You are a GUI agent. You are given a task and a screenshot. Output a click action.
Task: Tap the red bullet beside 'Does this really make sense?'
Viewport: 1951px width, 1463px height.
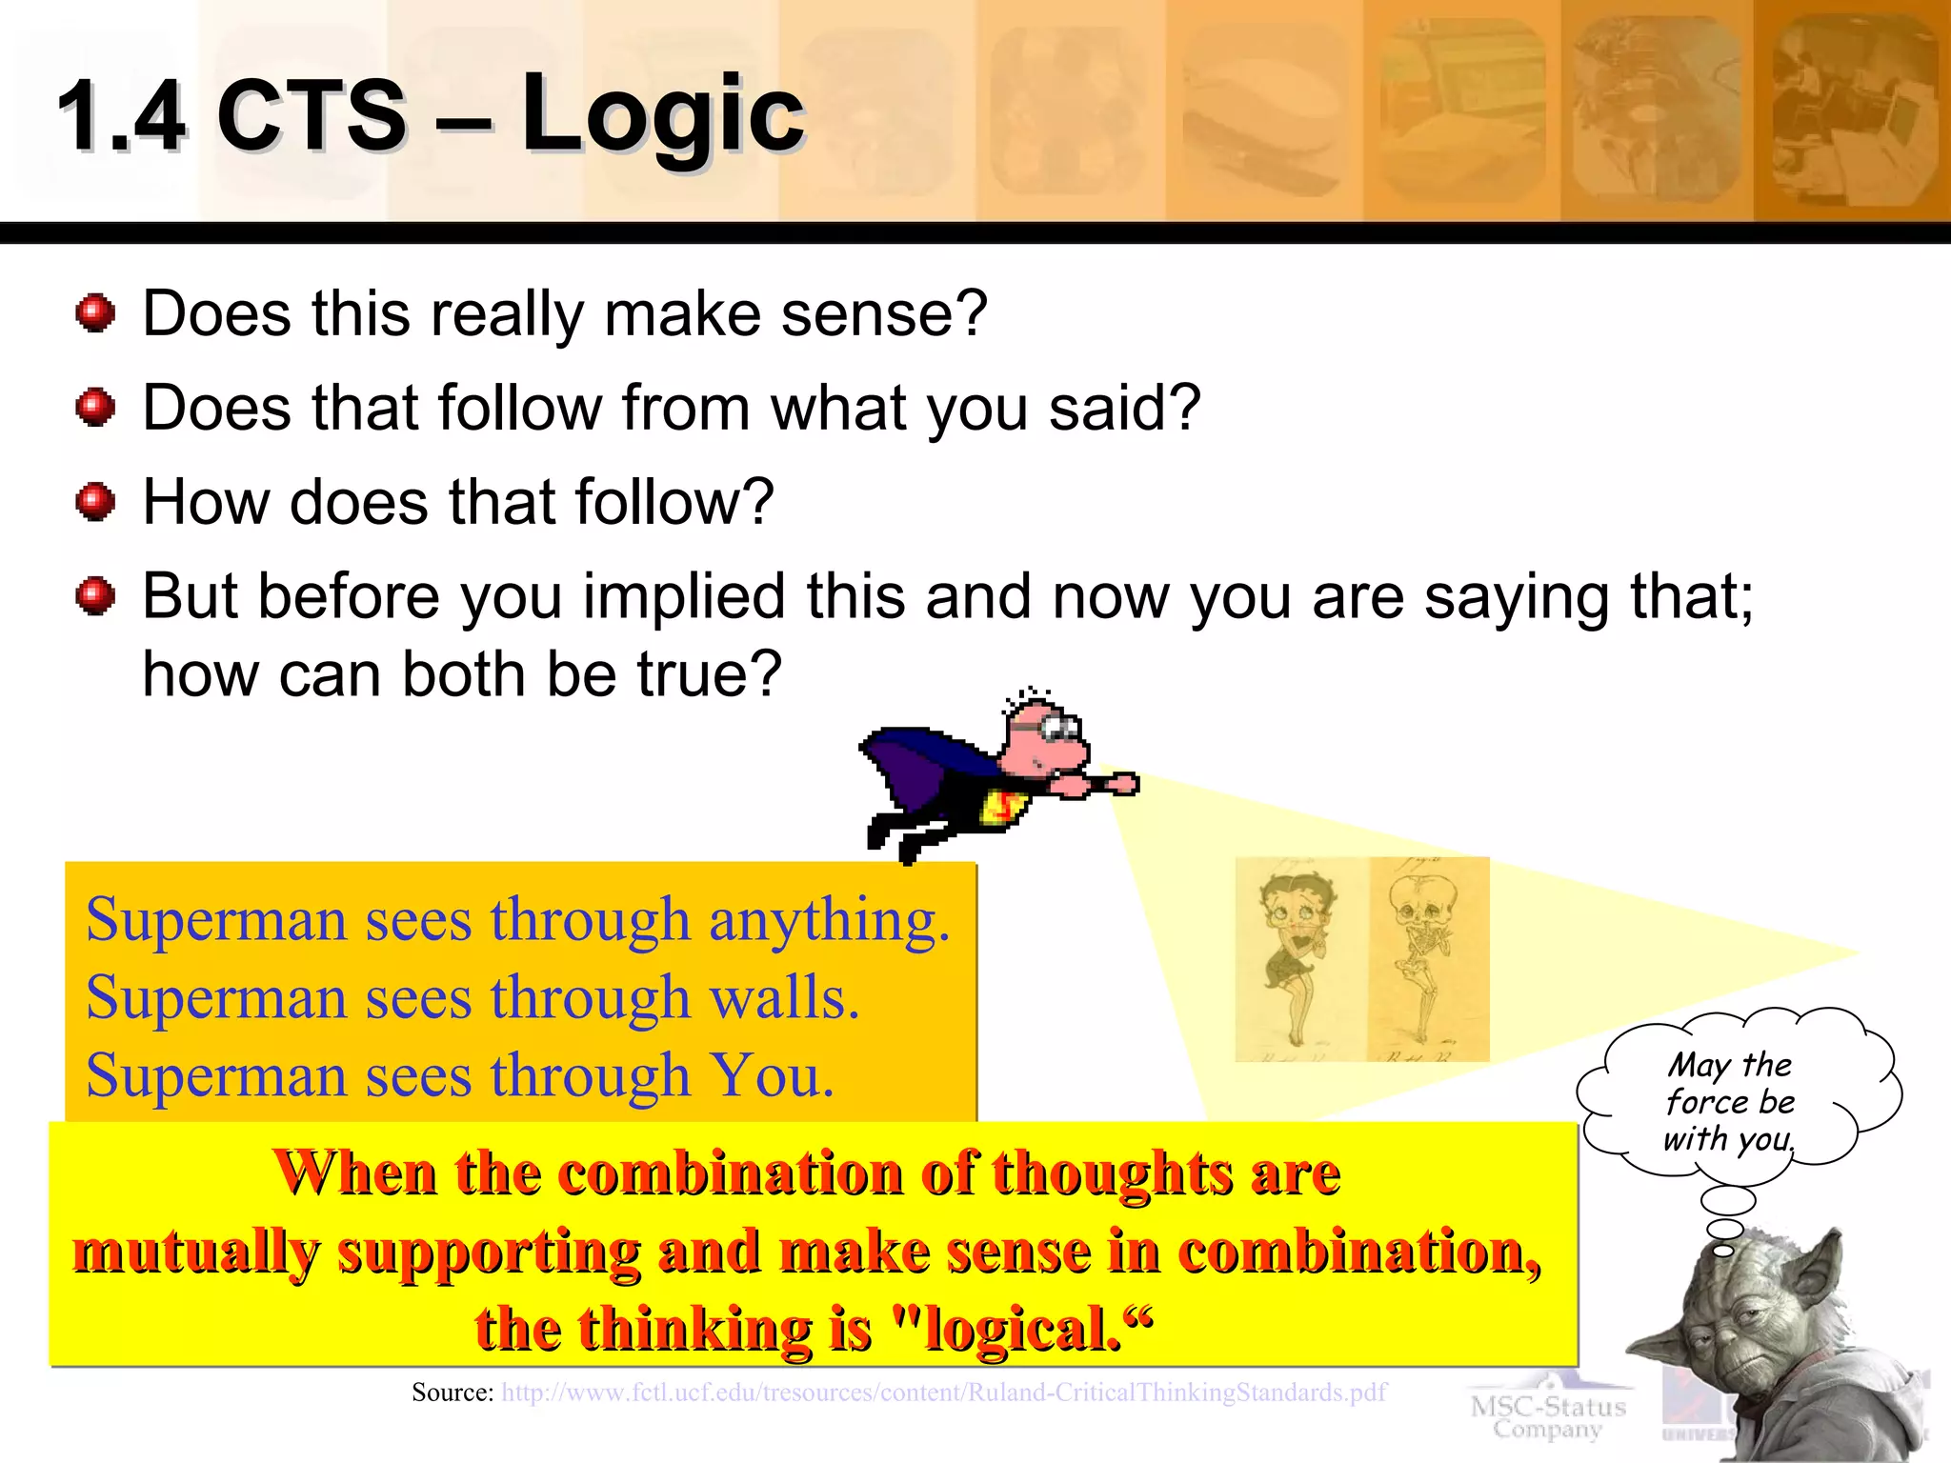pos(95,313)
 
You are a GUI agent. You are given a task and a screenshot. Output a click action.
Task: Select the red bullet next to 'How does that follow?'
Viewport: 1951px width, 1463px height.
pos(95,501)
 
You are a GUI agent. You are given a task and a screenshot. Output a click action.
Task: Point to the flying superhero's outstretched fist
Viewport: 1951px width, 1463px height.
pos(1124,784)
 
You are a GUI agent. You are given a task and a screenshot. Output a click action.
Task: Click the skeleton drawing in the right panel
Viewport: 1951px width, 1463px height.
pos(1426,957)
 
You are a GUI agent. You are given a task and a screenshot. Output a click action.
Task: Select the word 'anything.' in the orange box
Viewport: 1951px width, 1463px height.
pos(829,922)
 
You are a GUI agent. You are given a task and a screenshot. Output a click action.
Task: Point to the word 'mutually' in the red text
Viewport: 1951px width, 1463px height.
pos(195,1252)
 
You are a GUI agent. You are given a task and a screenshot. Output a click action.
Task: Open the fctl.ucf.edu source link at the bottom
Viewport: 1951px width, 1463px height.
pos(943,1393)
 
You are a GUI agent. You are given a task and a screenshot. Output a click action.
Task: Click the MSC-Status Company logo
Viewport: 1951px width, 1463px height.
pos(1548,1415)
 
